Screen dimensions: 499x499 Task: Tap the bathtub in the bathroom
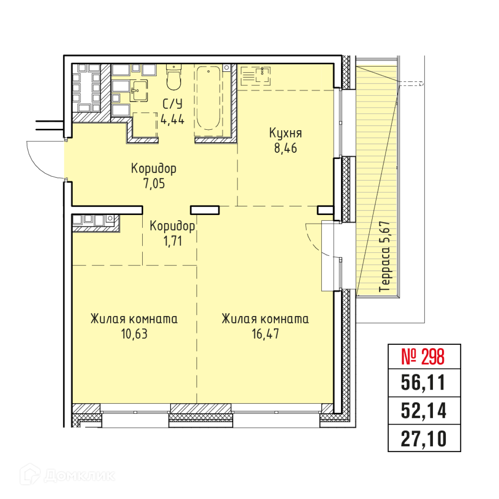tap(208, 101)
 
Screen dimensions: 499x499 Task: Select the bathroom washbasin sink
tap(138, 90)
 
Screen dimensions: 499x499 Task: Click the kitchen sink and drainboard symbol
tap(255, 76)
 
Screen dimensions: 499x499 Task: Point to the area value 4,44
tap(173, 120)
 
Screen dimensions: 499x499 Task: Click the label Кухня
tap(285, 133)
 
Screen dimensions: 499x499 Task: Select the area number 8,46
tap(285, 148)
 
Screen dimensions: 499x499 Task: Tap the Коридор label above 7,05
tap(154, 169)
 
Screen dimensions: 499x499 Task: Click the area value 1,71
tap(173, 241)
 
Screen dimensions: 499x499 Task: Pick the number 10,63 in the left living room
tap(134, 334)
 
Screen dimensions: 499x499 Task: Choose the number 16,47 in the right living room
tap(265, 334)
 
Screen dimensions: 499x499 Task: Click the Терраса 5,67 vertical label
tap(385, 257)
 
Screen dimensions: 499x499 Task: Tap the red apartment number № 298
tap(422, 356)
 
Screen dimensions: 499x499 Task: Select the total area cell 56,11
tap(423, 383)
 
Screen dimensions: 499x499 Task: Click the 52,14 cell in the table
tap(424, 410)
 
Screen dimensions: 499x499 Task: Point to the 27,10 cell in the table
tap(424, 439)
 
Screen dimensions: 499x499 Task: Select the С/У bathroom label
tap(173, 104)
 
